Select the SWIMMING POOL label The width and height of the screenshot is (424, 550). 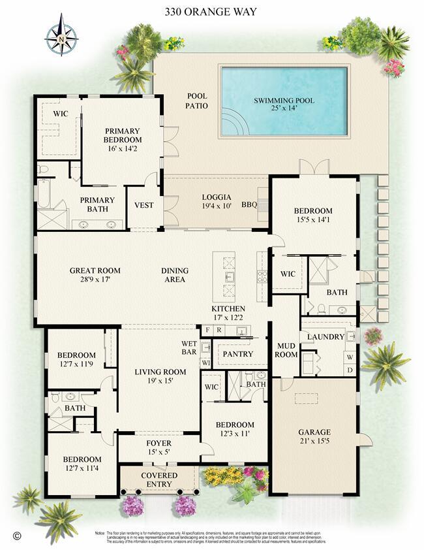284,101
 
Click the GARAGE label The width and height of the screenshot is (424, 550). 314,432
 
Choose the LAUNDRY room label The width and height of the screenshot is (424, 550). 326,336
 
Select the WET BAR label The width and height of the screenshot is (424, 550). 190,348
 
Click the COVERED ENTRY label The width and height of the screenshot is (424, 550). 159,479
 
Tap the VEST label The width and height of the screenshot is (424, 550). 144,205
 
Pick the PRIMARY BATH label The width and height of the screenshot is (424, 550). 97,204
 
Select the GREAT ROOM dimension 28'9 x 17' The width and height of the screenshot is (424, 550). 95,280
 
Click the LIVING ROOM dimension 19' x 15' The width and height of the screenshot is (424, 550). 160,381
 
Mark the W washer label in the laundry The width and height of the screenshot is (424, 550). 349,357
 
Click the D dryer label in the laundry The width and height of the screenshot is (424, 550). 349,370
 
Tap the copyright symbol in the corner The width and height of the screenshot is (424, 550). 18,535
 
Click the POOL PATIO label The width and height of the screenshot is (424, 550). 196,101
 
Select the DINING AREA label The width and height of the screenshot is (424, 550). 175,275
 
